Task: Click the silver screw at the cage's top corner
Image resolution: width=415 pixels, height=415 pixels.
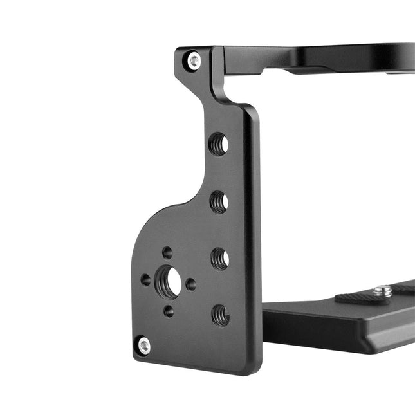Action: pyautogui.click(x=194, y=61)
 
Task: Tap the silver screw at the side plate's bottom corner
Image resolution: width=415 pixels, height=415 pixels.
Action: pyautogui.click(x=143, y=346)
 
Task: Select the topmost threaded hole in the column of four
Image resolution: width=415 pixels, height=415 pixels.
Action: pyautogui.click(x=219, y=143)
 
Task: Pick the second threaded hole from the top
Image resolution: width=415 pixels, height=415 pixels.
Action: pyautogui.click(x=219, y=202)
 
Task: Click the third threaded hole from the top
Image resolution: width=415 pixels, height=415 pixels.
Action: pyautogui.click(x=220, y=259)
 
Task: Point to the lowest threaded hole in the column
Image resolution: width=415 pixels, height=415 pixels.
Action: pyautogui.click(x=221, y=315)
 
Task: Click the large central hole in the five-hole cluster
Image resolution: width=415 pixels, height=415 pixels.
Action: pyautogui.click(x=168, y=282)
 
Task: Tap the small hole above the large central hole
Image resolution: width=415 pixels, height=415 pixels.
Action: pyautogui.click(x=167, y=252)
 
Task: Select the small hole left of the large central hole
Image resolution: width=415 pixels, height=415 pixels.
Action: pyautogui.click(x=145, y=281)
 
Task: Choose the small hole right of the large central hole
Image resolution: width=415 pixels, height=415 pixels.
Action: pyautogui.click(x=191, y=284)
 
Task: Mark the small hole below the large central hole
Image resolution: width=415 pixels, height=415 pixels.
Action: pyautogui.click(x=169, y=311)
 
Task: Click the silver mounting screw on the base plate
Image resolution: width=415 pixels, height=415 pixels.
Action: pyautogui.click(x=383, y=291)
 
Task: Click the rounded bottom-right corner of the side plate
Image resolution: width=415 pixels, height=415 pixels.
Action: pyautogui.click(x=255, y=368)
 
